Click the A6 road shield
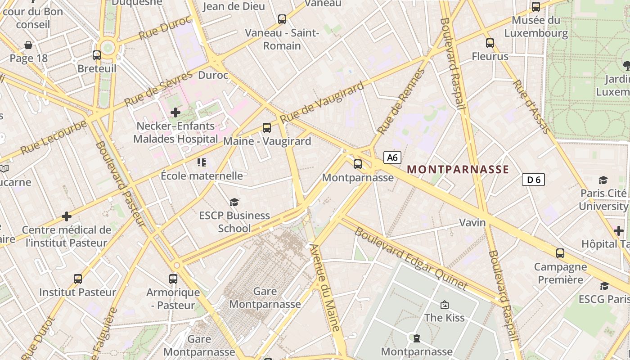pos(392,157)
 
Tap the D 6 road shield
pos(533,180)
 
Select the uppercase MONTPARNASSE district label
pos(458,170)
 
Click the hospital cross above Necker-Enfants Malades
pos(175,112)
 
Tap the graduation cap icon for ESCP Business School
pos(234,202)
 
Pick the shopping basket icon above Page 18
pos(28,45)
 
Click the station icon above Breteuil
pos(97,55)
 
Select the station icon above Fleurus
pos(490,43)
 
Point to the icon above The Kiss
pos(445,305)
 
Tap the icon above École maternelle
pos(202,162)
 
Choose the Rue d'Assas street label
pos(531,107)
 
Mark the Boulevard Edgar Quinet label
pos(411,259)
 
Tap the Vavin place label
pos(472,222)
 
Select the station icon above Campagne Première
pos(560,253)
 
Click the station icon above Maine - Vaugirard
pos(267,128)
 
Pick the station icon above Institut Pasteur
pos(78,279)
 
